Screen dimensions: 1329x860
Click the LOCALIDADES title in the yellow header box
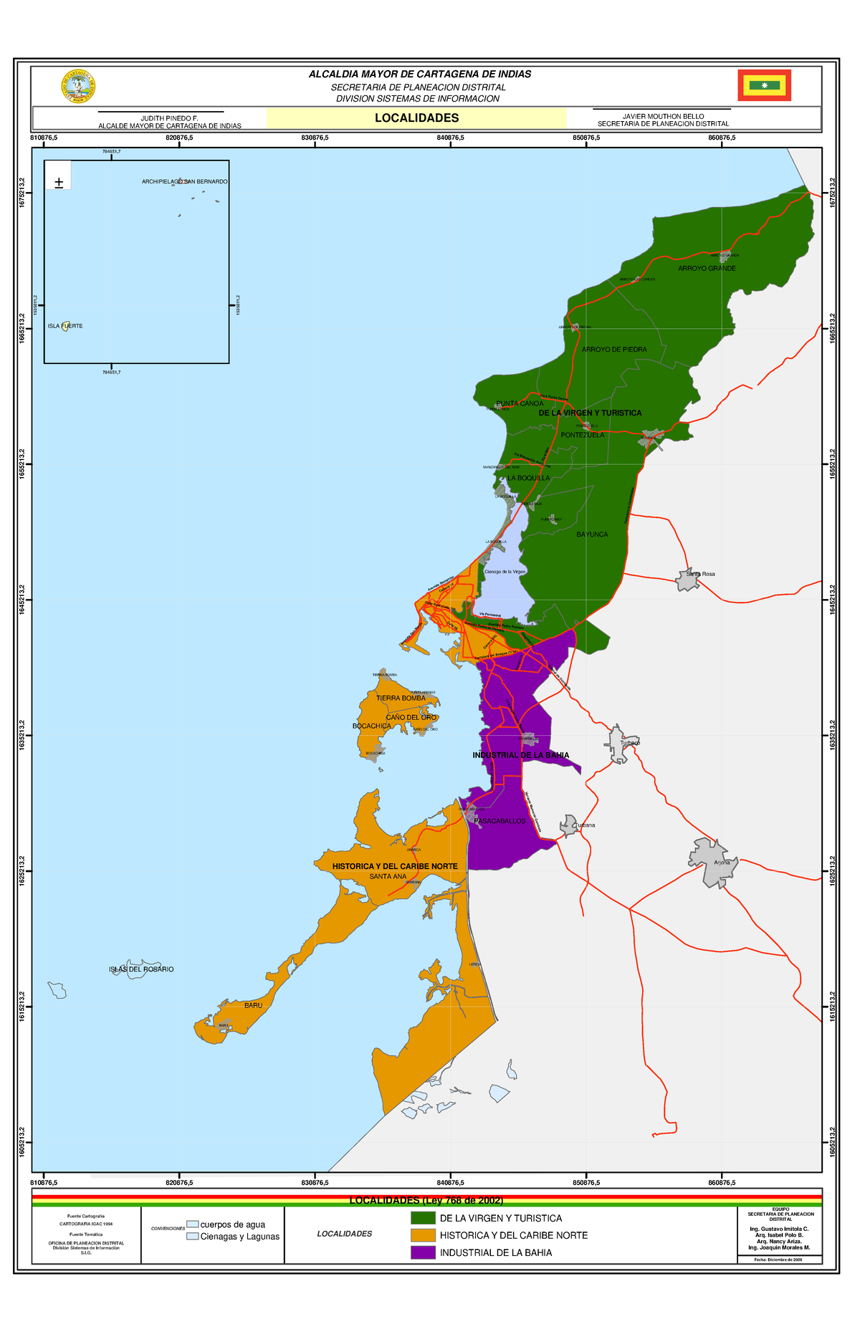[416, 118]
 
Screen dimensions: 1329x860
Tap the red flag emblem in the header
[764, 86]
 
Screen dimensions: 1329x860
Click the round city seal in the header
[79, 87]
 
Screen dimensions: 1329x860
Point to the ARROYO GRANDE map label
[707, 269]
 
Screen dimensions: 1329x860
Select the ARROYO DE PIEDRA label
[614, 350]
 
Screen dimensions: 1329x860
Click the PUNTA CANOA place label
[520, 403]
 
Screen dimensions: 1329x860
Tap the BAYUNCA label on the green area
[592, 534]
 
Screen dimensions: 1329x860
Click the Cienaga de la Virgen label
[505, 572]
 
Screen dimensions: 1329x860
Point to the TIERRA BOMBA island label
[401, 698]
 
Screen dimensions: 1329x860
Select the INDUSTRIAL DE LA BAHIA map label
[521, 755]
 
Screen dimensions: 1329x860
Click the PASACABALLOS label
[500, 821]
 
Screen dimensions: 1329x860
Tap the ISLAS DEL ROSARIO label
[141, 969]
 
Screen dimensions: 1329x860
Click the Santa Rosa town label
[700, 574]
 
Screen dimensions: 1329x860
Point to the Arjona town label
[722, 863]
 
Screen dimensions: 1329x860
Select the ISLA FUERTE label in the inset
[65, 326]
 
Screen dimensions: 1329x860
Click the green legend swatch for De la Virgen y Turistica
[423, 1218]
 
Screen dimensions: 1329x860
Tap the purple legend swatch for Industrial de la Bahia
[423, 1252]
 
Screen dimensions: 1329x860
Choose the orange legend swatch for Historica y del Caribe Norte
[423, 1235]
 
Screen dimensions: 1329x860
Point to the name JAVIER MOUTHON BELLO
[663, 116]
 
